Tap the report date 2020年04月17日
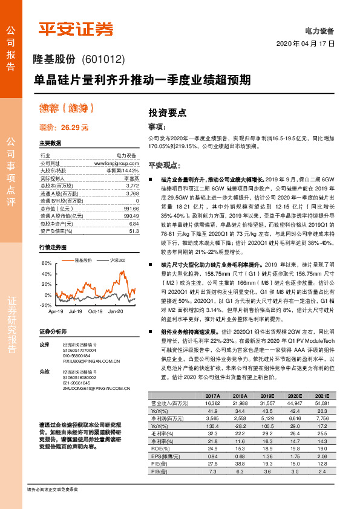click(305, 44)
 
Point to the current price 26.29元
click(64, 128)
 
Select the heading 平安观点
click(164, 164)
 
